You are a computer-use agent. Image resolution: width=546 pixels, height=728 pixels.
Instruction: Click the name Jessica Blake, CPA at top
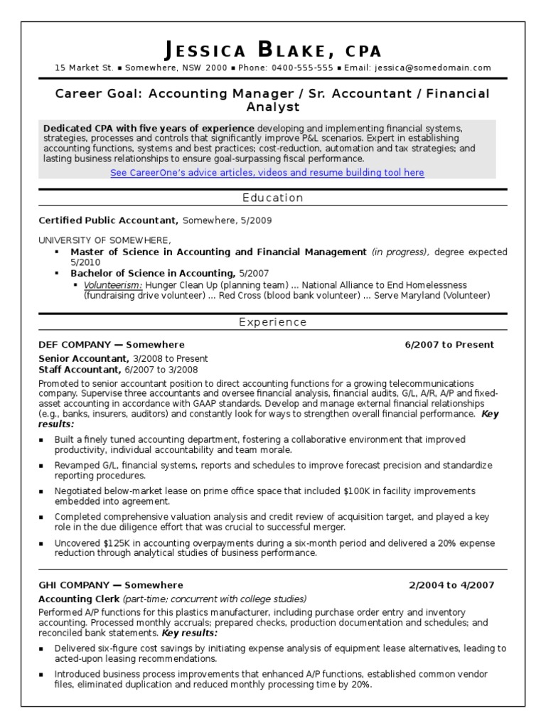pyautogui.click(x=273, y=50)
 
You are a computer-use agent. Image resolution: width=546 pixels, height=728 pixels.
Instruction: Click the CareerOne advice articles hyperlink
pyautogui.click(x=267, y=173)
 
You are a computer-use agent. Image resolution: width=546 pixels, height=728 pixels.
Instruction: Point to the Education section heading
pyautogui.click(x=272, y=198)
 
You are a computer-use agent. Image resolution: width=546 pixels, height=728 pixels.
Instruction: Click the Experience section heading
pyautogui.click(x=272, y=322)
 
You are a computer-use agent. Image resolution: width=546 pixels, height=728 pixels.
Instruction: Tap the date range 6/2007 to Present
pyautogui.click(x=449, y=345)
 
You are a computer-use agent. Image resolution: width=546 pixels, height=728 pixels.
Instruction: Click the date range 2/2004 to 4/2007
pyautogui.click(x=451, y=585)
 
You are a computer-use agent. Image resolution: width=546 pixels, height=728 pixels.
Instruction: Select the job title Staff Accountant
pyautogui.click(x=79, y=370)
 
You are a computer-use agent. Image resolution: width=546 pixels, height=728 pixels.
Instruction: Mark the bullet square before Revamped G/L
pyautogui.click(x=43, y=466)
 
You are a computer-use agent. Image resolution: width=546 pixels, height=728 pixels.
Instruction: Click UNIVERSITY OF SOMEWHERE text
pyautogui.click(x=105, y=240)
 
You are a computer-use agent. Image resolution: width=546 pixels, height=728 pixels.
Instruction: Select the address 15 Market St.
pyautogui.click(x=84, y=68)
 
